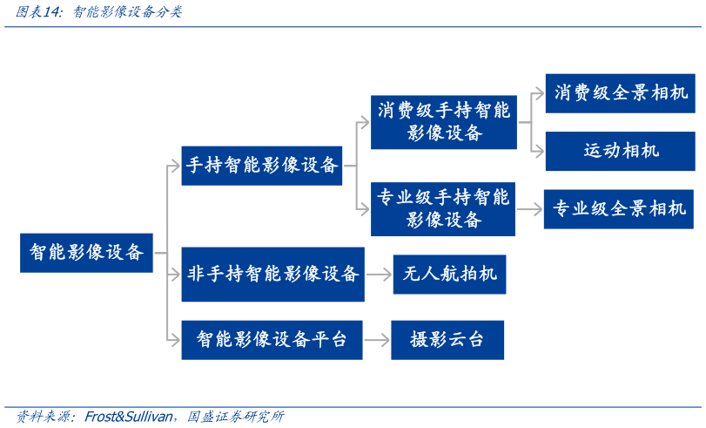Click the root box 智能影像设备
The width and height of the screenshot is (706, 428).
click(86, 253)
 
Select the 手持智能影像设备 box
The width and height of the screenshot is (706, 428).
click(262, 165)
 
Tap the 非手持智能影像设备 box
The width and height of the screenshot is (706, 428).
click(272, 274)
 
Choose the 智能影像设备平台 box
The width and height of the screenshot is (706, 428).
click(272, 339)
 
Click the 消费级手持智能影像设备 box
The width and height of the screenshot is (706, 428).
click(443, 122)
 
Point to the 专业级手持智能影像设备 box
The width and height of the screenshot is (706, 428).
click(443, 209)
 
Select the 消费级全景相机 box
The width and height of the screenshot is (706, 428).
click(620, 93)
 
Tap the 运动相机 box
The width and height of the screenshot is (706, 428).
click(620, 151)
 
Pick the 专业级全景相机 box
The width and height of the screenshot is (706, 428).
click(619, 209)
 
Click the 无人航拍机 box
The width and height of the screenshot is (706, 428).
click(449, 274)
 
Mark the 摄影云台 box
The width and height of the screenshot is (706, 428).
click(447, 339)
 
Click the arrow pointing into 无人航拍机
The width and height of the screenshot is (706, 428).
click(380, 274)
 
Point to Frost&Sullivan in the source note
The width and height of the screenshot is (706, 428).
click(131, 416)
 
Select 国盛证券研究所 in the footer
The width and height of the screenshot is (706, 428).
click(235, 416)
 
